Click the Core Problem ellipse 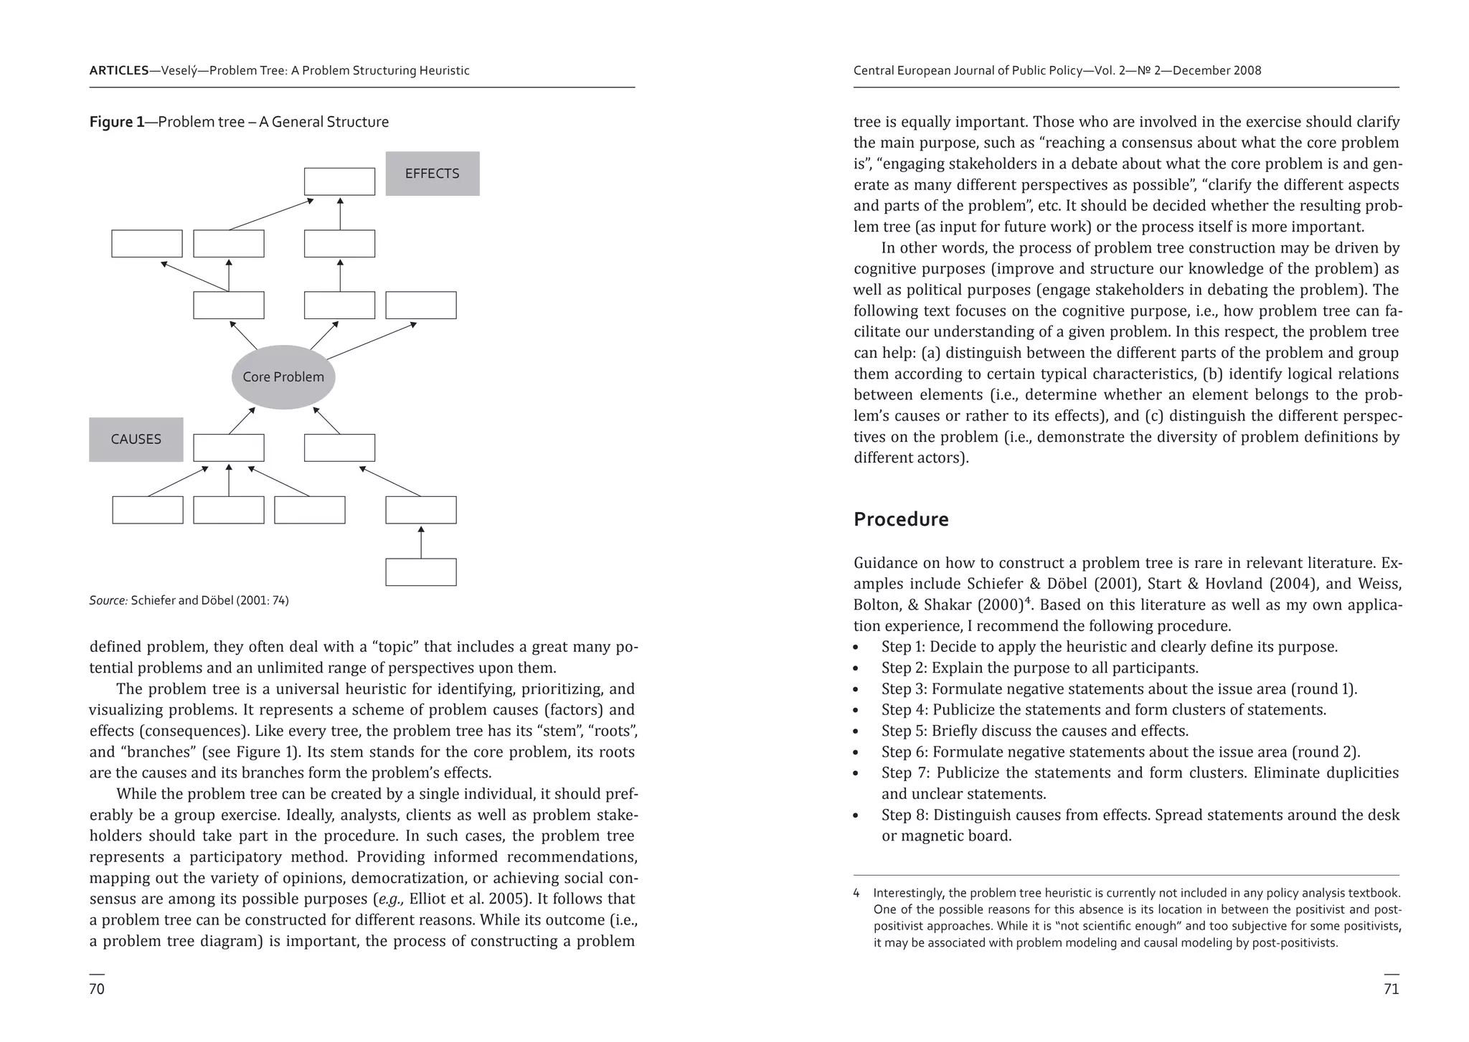283,377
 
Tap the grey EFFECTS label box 433,174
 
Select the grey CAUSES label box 136,440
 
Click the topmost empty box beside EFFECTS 339,181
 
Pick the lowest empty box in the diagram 421,572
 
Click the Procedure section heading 901,519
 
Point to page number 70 97,990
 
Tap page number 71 1391,990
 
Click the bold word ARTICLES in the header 119,71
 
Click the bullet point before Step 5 856,732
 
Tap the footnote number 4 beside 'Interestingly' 856,894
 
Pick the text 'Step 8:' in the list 904,815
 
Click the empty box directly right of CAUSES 229,448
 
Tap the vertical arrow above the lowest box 421,542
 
